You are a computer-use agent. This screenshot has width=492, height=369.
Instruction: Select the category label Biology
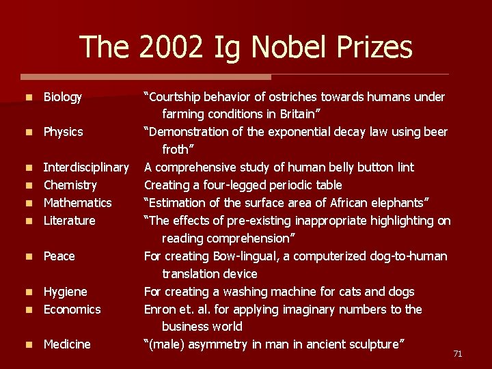[x=63, y=98]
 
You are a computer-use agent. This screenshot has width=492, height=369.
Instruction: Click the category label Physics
[x=63, y=131]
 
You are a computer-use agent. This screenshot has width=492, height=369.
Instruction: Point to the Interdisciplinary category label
[x=86, y=167]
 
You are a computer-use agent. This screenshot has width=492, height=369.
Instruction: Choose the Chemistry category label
[x=70, y=185]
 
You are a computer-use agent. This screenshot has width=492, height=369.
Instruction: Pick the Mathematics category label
[x=77, y=203]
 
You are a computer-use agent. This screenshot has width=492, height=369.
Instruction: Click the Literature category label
[x=70, y=221]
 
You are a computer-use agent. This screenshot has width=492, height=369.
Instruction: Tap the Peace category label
[x=59, y=256]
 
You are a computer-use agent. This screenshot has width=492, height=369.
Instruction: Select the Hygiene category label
[x=65, y=292]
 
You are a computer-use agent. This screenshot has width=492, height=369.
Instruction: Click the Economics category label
[x=72, y=310]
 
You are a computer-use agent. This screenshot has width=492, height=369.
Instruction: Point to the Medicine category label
[x=67, y=344]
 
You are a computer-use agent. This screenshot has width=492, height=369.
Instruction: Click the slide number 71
[x=458, y=353]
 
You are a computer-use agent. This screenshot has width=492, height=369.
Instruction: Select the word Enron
[x=161, y=310]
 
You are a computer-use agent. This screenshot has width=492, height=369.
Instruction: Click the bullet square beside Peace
[x=27, y=257]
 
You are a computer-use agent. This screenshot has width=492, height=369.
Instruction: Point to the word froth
[x=177, y=149]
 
